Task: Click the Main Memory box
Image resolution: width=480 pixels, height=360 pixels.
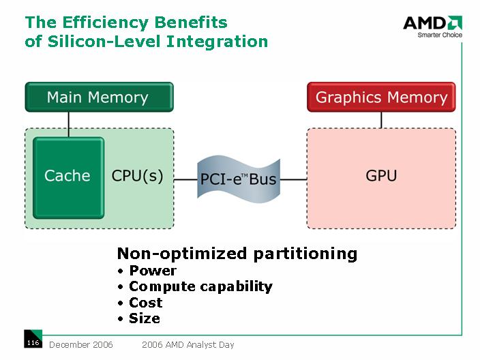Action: [99, 97]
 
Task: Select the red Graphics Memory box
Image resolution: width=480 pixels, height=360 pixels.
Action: [381, 97]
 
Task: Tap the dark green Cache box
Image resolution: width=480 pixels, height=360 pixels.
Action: [68, 176]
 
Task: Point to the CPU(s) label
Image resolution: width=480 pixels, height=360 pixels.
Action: [137, 176]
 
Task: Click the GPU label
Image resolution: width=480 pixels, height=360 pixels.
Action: [381, 176]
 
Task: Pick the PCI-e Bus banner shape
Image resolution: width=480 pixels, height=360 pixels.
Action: [238, 179]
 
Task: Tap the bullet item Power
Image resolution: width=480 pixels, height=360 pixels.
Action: [153, 271]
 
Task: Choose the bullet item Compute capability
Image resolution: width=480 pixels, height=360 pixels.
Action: [200, 286]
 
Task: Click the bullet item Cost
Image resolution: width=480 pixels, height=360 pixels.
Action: [145, 302]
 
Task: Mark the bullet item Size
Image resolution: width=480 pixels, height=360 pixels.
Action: [144, 318]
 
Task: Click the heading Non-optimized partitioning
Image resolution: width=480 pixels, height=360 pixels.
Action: [237, 254]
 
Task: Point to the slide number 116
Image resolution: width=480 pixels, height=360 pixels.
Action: [33, 342]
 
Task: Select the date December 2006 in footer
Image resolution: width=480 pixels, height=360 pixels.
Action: [80, 345]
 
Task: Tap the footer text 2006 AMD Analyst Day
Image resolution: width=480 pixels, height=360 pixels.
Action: [187, 345]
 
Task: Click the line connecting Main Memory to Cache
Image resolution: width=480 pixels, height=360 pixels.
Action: [68, 123]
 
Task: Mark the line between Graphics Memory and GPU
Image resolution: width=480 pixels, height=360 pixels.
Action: [381, 119]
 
